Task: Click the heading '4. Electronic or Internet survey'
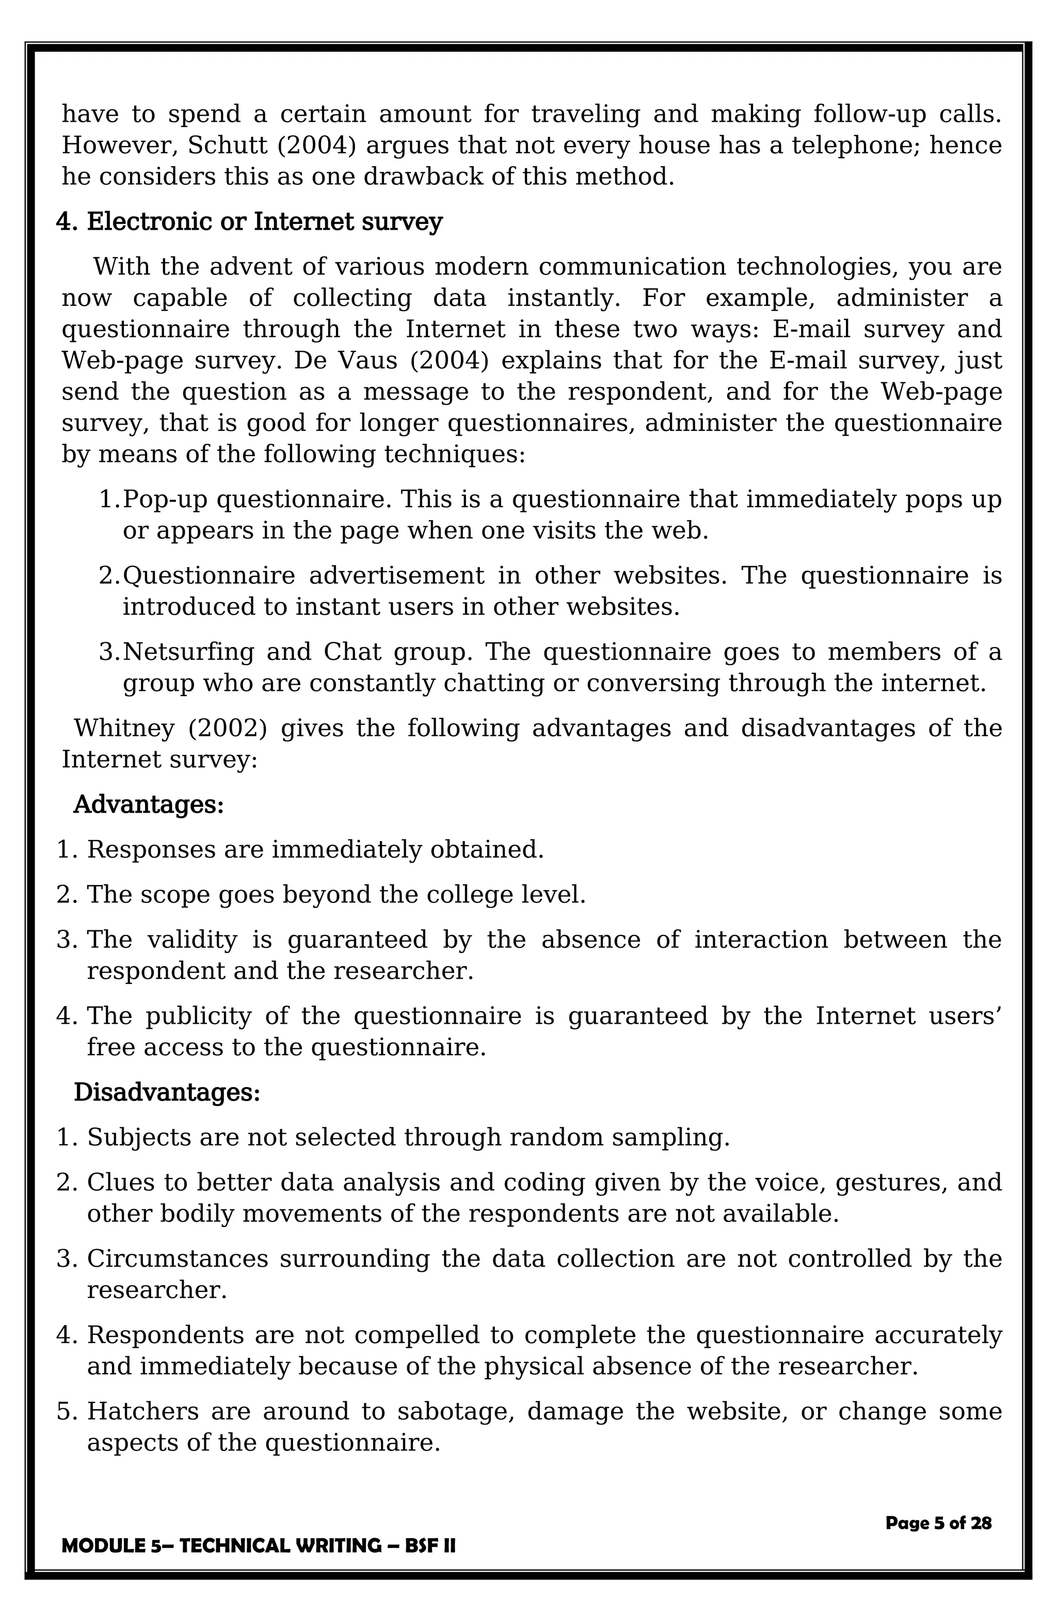(x=249, y=222)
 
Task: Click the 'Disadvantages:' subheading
(x=166, y=1092)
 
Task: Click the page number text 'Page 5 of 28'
(x=938, y=1523)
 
